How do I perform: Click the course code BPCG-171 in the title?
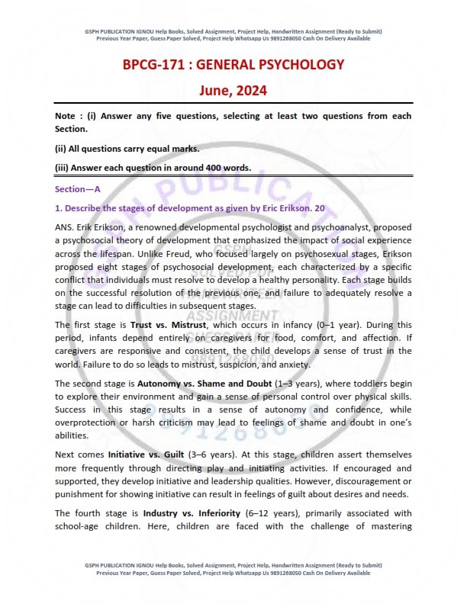pos(156,64)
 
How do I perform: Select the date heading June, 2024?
pos(233,91)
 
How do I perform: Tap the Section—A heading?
pos(78,188)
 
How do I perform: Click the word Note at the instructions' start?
pos(65,116)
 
